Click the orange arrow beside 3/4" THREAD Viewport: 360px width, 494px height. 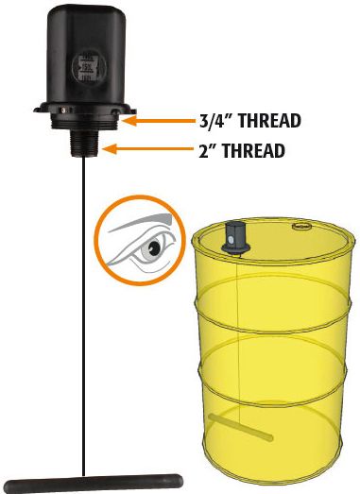click(x=159, y=121)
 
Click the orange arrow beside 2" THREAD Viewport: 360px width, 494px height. click(x=147, y=149)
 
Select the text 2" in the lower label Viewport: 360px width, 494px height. click(x=208, y=150)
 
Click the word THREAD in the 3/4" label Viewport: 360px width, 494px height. click(x=269, y=121)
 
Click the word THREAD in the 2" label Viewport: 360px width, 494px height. click(x=254, y=150)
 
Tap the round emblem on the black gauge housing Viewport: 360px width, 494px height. click(x=89, y=67)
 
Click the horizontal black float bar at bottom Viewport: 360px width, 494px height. click(x=94, y=484)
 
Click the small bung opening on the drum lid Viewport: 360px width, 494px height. click(x=302, y=226)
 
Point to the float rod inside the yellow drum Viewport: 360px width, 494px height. click(x=241, y=427)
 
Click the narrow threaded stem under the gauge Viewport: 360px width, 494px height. click(x=84, y=144)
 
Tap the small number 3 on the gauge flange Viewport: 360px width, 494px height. click(x=64, y=111)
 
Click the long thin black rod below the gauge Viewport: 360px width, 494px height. click(x=83, y=315)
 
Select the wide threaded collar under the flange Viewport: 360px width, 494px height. click(x=84, y=122)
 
